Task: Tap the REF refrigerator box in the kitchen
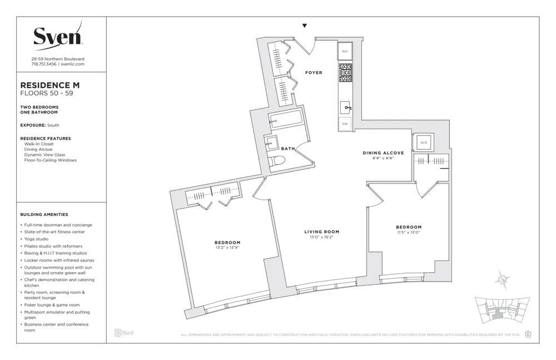pos(345,51)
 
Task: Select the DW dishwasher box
pos(345,124)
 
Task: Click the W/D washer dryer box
pos(423,142)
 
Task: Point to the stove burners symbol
pos(345,73)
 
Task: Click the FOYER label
pos(314,73)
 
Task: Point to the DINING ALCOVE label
pos(383,152)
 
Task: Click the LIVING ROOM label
pos(321,231)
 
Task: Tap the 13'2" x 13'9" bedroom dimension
pos(227,248)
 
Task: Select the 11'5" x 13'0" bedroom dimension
pos(409,232)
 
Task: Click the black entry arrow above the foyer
pos(304,26)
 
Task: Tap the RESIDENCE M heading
pos(49,85)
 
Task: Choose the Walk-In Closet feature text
pos(39,144)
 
